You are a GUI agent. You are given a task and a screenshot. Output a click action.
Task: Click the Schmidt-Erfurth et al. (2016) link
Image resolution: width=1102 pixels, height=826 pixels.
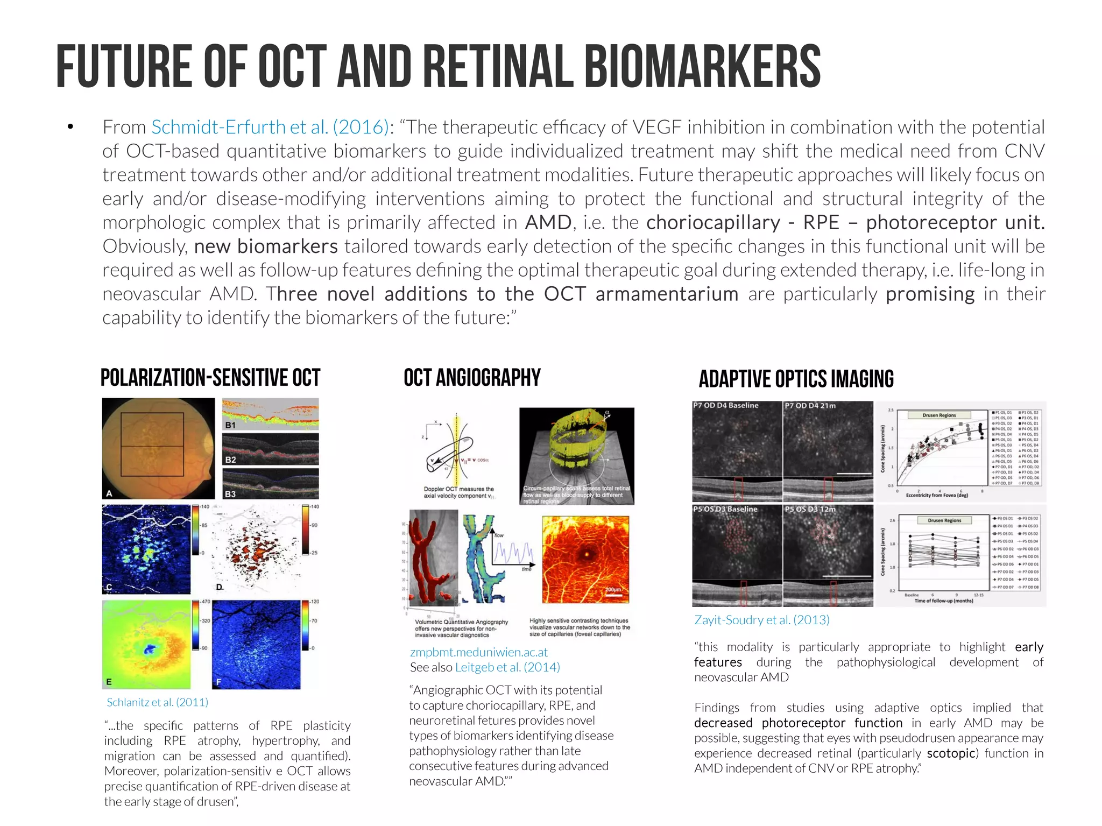(270, 128)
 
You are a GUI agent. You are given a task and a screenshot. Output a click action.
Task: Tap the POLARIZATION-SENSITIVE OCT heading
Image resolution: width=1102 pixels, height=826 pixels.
(210, 378)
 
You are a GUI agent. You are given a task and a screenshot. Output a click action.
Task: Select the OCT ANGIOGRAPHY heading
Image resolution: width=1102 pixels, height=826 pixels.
(472, 378)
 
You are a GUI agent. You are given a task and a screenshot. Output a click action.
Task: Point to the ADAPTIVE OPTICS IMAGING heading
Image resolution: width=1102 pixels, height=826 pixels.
(796, 379)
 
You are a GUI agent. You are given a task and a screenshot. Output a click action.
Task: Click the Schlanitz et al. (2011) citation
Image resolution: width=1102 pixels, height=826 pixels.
(157, 702)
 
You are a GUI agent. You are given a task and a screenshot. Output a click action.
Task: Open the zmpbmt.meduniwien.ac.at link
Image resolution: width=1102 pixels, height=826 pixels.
(478, 652)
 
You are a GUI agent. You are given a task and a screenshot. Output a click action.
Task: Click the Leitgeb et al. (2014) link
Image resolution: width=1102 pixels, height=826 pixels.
(507, 667)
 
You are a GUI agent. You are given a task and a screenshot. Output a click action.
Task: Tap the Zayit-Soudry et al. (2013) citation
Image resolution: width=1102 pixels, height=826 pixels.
(761, 620)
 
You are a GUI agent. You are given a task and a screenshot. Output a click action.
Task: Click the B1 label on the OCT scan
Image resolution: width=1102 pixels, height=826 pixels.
(230, 425)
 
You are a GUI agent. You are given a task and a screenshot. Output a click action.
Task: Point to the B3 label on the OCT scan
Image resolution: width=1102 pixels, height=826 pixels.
(230, 493)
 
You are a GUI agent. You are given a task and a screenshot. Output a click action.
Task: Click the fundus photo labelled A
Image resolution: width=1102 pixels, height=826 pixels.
(158, 448)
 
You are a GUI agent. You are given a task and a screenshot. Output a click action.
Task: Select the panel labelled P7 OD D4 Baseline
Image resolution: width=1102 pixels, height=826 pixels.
(725, 406)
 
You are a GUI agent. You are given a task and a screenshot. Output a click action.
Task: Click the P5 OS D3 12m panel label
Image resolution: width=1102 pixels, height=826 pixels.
(810, 509)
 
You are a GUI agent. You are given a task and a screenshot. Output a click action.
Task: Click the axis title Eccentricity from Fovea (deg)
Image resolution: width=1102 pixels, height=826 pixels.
(936, 495)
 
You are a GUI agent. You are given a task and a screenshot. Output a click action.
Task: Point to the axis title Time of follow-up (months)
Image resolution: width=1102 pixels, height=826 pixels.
(943, 601)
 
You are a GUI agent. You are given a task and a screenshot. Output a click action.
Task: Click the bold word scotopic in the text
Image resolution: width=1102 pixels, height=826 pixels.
(951, 753)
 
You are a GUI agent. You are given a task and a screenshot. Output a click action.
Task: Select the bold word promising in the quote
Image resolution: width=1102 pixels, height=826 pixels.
(930, 294)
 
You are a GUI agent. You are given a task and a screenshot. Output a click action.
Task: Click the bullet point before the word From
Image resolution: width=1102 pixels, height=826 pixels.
(70, 128)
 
